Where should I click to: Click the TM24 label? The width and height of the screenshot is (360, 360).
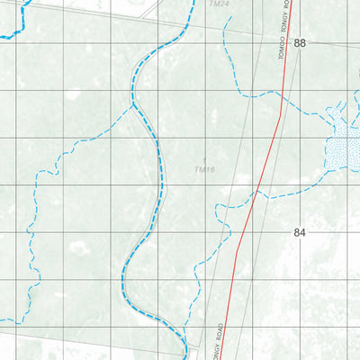pos(219,4)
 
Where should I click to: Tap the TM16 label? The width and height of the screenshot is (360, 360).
pos(205,169)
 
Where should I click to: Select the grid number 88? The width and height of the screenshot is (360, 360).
pos(300,43)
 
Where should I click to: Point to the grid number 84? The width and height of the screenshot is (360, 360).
pos(300,232)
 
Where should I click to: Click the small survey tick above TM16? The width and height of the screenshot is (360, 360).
pos(205,158)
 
